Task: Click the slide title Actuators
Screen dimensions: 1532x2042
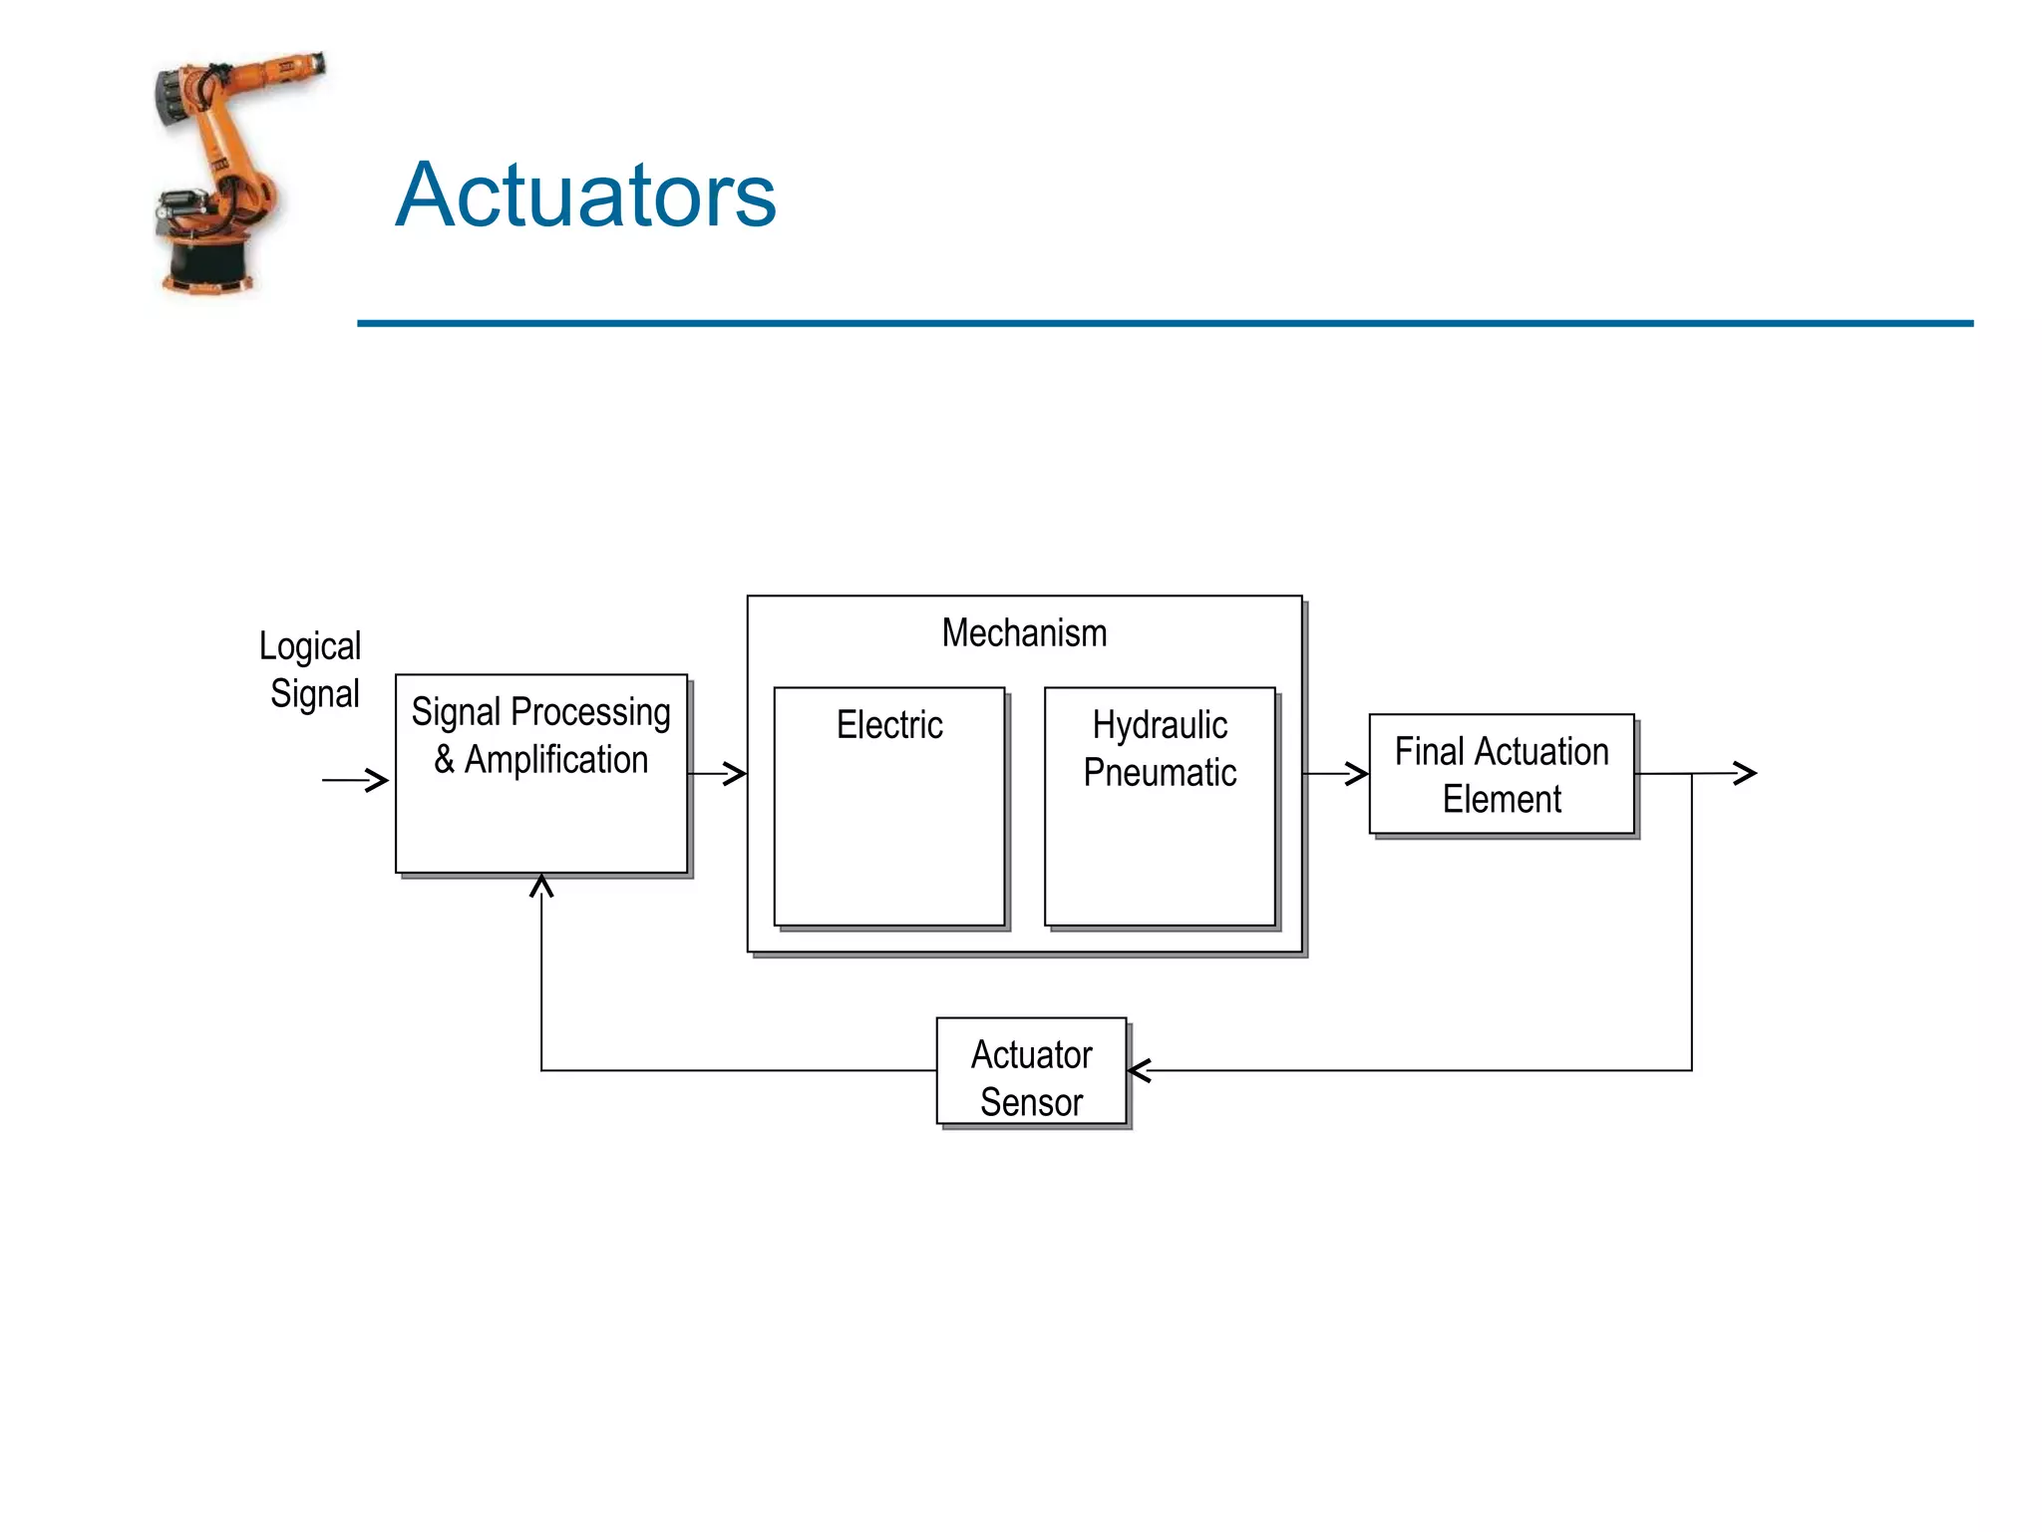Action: [585, 195]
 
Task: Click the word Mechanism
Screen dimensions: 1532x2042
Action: [1024, 633]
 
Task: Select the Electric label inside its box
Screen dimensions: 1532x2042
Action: [889, 725]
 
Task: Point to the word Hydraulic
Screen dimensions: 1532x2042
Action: [1160, 725]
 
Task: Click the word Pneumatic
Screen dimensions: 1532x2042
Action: [1160, 773]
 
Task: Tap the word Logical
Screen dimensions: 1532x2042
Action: [310, 646]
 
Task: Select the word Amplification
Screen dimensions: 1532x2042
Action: [556, 760]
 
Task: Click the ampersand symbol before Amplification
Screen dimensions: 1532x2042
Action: [445, 760]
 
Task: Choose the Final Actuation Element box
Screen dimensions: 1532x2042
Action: [1502, 774]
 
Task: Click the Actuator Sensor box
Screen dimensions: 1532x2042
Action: [1031, 1071]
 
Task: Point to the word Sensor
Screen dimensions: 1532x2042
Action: [1031, 1102]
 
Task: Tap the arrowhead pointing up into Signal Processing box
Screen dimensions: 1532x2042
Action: [541, 886]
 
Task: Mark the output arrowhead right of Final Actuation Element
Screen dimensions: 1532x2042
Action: [1745, 773]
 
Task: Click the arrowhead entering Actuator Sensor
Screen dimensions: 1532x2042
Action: [1140, 1071]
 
